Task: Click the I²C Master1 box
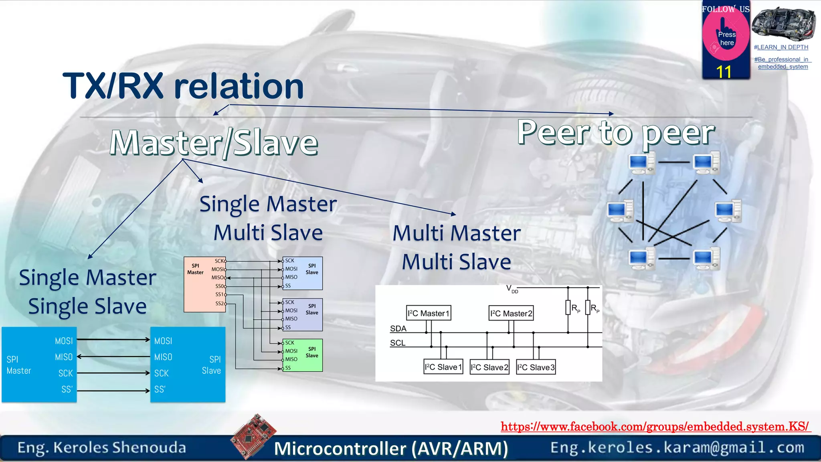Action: pyautogui.click(x=429, y=313)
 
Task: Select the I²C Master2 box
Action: pyautogui.click(x=511, y=313)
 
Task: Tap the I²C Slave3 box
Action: pyautogui.click(x=536, y=367)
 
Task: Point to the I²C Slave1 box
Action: pyautogui.click(x=443, y=367)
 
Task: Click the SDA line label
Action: pyautogui.click(x=398, y=328)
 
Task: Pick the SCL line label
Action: pyautogui.click(x=398, y=343)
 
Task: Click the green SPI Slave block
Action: pyautogui.click(x=303, y=355)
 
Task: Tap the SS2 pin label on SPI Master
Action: pyautogui.click(x=220, y=304)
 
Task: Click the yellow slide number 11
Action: pyautogui.click(x=724, y=72)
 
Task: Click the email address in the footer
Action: pyautogui.click(x=677, y=448)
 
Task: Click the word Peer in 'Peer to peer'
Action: pyautogui.click(x=553, y=132)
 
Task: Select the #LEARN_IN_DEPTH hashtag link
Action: pyautogui.click(x=781, y=47)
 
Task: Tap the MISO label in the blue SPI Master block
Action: pyautogui.click(x=64, y=357)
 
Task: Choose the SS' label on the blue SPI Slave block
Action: pyautogui.click(x=160, y=389)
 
